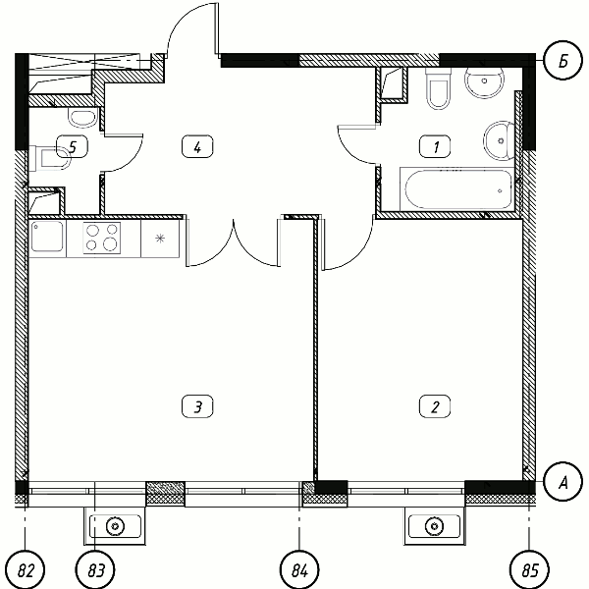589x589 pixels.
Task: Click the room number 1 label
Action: (x=435, y=146)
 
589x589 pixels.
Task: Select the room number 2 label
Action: (x=435, y=406)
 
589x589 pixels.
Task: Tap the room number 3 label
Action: (x=197, y=406)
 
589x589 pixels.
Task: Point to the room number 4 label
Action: (x=197, y=146)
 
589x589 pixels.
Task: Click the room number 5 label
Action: (x=73, y=146)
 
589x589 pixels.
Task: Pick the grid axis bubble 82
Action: (x=26, y=569)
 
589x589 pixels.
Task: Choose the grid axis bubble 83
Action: (x=95, y=569)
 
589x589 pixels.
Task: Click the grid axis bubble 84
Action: (x=299, y=569)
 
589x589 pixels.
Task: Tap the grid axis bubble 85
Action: (x=529, y=569)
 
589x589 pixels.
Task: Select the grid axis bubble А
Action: (x=562, y=482)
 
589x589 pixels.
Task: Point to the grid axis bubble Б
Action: (x=562, y=61)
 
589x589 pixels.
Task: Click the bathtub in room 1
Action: (x=456, y=189)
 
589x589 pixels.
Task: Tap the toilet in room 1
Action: (x=438, y=88)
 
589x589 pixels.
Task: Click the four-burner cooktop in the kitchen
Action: (x=102, y=239)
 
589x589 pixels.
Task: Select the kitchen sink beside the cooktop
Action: (x=47, y=237)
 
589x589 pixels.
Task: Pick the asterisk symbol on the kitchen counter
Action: (x=160, y=239)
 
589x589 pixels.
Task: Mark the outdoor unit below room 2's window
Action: (x=434, y=526)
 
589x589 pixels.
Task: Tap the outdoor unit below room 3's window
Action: (x=115, y=526)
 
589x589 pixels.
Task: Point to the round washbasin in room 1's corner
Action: (x=485, y=80)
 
